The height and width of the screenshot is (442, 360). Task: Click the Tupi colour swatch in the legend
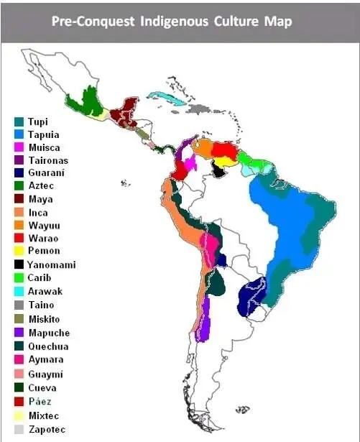[19, 121]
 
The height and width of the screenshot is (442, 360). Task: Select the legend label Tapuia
[43, 134]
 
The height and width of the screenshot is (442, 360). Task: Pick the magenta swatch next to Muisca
[19, 147]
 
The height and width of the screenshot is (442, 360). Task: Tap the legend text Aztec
[40, 186]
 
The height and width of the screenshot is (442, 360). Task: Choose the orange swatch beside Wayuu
[19, 226]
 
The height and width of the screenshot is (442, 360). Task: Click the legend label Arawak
[45, 291]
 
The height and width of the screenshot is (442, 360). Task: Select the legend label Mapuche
[48, 331]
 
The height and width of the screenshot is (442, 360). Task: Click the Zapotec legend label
[47, 429]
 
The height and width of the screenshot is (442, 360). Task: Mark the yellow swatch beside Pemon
[19, 252]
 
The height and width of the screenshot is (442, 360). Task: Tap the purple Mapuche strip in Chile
[205, 319]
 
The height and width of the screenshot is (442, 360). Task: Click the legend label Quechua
[48, 344]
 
